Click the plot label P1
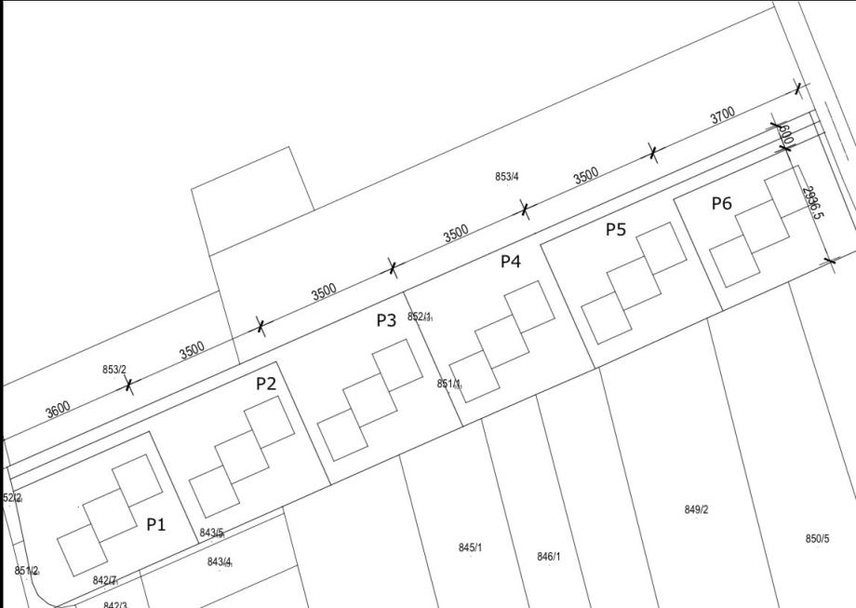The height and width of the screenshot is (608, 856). [x=156, y=525]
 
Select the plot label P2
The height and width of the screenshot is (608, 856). [x=266, y=384]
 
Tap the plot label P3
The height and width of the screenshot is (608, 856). [x=386, y=320]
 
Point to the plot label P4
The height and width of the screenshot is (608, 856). [x=511, y=262]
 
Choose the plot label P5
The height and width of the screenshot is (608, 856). [x=616, y=230]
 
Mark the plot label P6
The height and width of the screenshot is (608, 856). [x=722, y=204]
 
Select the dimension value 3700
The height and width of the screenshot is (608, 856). [x=722, y=115]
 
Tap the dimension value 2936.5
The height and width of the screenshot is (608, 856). [x=812, y=203]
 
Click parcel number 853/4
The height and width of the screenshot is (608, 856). [x=507, y=177]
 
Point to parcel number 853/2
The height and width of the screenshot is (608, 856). [x=114, y=370]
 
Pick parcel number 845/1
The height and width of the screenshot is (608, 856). [x=471, y=547]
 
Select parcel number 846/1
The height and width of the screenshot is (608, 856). [x=549, y=557]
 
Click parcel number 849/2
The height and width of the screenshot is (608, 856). [x=696, y=509]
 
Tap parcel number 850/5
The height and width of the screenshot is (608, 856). [x=817, y=539]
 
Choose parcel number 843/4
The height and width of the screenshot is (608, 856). [x=220, y=561]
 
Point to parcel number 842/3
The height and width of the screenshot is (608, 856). [x=114, y=604]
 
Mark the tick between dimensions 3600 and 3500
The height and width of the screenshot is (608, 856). [x=128, y=385]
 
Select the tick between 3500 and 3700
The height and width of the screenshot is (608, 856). [x=653, y=153]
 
